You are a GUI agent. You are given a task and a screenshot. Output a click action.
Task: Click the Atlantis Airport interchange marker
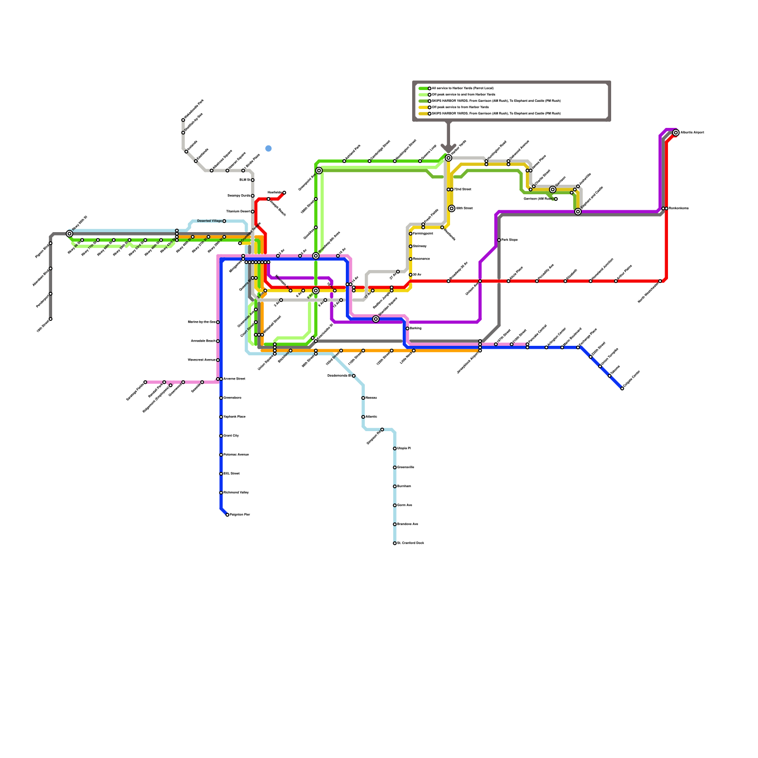coord(676,133)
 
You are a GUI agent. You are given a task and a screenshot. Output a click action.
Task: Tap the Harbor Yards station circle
coord(448,158)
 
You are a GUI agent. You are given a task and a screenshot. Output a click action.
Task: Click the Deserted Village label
coord(209,221)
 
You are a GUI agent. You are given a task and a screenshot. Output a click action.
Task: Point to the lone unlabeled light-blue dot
coord(269,148)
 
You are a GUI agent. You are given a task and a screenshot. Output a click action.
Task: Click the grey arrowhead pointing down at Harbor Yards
coord(448,148)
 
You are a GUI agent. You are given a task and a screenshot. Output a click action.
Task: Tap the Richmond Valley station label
coord(236,493)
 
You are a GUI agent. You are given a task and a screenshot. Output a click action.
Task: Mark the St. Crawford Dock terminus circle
coord(395,543)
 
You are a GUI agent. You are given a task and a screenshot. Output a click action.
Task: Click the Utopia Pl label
coord(404,448)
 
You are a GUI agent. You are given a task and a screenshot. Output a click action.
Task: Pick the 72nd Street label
coord(462,189)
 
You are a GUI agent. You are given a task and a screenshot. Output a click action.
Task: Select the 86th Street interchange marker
coord(451,208)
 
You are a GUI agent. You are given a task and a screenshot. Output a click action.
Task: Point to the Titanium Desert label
coord(238,212)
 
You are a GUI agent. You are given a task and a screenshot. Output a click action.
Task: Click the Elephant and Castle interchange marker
coord(578,212)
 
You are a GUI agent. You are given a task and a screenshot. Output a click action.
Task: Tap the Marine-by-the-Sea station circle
coord(218,322)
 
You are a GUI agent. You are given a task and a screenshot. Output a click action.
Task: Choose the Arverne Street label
coord(234,379)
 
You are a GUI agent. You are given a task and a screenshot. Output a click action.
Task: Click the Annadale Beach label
coord(203,341)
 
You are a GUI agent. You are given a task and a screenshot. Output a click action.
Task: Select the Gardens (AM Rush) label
coord(538,199)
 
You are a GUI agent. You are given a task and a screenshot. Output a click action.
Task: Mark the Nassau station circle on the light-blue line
coord(363,398)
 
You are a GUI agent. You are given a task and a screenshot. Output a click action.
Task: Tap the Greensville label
coord(406,468)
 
